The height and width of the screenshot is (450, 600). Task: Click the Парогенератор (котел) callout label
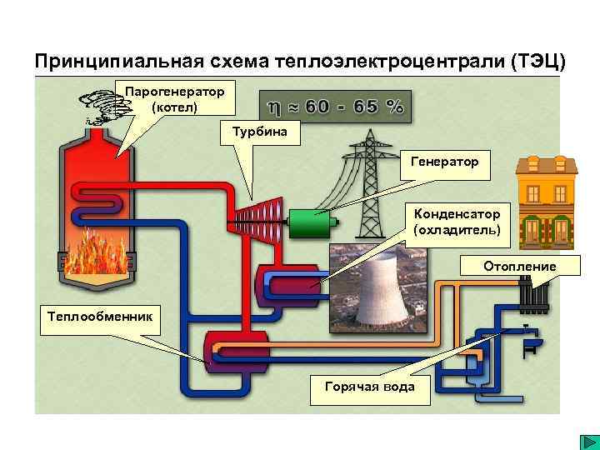[175, 98]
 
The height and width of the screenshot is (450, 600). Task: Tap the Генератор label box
[445, 162]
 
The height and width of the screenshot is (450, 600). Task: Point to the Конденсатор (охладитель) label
[457, 221]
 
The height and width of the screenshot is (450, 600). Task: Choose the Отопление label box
[521, 267]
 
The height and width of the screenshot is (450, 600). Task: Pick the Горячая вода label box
[367, 387]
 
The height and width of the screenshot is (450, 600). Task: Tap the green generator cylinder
[310, 222]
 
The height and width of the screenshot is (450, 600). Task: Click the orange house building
[547, 202]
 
